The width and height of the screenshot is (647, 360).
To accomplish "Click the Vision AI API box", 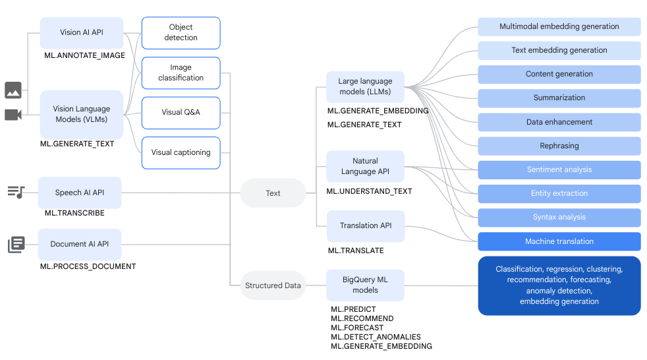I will [x=81, y=32].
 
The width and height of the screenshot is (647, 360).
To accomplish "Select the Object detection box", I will [x=181, y=32].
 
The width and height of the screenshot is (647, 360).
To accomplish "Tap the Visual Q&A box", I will [x=181, y=112].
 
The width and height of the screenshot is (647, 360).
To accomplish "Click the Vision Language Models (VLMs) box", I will [x=81, y=114].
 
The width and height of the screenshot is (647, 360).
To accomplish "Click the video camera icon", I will [x=13, y=115].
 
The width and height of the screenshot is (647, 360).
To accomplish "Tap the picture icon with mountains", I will [x=13, y=90].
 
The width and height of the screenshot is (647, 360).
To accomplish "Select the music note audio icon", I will [x=16, y=192].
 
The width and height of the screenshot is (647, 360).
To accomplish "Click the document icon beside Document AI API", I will [x=16, y=245].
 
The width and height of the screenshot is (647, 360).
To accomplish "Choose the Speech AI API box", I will [x=80, y=193].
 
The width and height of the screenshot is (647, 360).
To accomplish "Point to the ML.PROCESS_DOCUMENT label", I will [x=88, y=266].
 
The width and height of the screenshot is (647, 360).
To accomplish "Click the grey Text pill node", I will [x=273, y=193].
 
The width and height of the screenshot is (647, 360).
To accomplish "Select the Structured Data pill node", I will [x=273, y=285].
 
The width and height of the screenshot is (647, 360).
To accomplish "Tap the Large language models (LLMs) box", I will [x=365, y=86].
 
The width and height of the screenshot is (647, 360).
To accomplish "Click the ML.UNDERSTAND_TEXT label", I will [x=370, y=191].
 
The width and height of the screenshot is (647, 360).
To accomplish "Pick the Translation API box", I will [x=365, y=225].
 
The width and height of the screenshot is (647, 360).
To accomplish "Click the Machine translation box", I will [x=559, y=241].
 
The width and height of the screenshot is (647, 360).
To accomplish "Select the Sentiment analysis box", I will [x=559, y=169].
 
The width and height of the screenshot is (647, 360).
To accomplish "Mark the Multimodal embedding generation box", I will [x=559, y=27].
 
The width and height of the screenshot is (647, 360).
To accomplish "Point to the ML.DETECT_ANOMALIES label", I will [x=376, y=337].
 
